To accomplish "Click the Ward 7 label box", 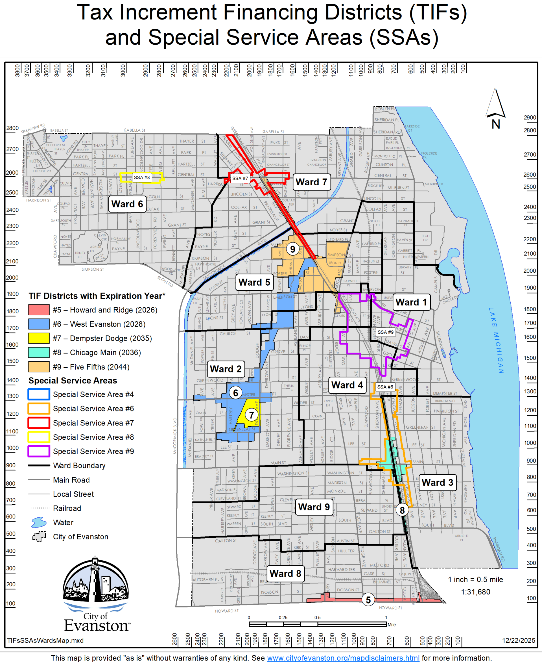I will (311, 182).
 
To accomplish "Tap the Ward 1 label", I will (411, 302).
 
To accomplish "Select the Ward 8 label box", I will (285, 574).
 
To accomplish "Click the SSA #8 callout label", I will (142, 177).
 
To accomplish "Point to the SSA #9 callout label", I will (385, 332).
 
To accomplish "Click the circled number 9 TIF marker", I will (292, 249).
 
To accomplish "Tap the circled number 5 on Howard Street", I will (368, 600).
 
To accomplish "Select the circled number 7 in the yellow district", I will (251, 415).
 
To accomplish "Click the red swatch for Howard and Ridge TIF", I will (39, 310).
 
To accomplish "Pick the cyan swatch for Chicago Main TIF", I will (39, 352).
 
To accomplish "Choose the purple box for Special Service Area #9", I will (39, 451).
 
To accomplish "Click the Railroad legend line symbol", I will (39, 508).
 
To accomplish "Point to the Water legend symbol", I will (39, 522).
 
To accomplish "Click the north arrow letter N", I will (496, 124).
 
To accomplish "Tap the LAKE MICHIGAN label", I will (496, 340).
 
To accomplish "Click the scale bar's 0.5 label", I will (317, 618).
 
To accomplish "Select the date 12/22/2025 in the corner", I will (518, 641).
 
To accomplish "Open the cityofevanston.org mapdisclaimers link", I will (343, 658).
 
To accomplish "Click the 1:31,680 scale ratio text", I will (475, 592).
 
